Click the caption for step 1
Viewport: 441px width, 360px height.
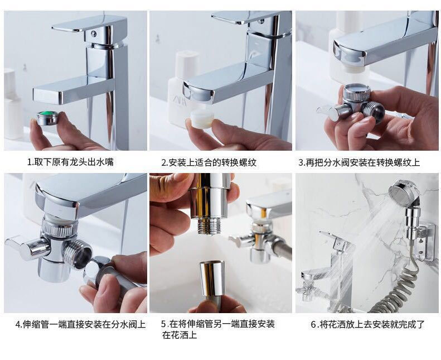click(74, 162)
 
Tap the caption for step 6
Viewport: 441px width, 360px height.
click(368, 324)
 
